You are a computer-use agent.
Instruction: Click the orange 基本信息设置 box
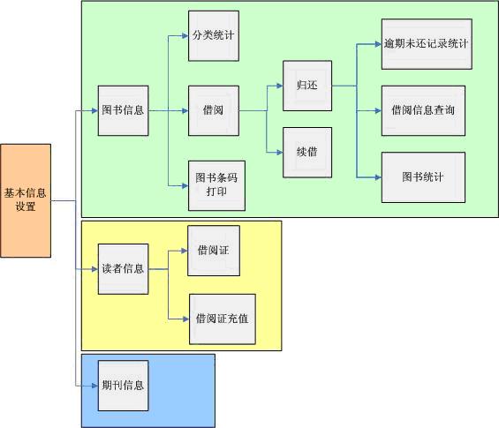26,200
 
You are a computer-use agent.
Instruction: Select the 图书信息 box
123,110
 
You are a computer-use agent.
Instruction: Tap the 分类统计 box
214,36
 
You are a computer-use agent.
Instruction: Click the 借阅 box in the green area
214,110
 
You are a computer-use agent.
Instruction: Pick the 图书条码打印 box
216,185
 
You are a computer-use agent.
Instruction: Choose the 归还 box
307,86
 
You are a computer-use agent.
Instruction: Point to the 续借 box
307,153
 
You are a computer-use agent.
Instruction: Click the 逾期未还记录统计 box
427,44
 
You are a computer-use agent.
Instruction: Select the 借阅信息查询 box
423,110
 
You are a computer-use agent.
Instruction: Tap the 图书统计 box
423,177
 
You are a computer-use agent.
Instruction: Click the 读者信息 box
123,269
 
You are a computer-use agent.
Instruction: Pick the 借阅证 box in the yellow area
214,251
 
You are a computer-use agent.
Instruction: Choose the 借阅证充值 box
223,319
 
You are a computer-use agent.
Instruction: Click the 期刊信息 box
123,386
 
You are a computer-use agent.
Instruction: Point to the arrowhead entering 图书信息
95,110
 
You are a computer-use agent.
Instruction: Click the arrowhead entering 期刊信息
95,386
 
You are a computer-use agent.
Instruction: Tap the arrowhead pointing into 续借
280,153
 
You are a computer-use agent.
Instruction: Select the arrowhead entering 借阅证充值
186,319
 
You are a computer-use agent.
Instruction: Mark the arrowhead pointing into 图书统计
379,177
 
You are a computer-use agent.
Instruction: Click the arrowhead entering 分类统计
185,36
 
